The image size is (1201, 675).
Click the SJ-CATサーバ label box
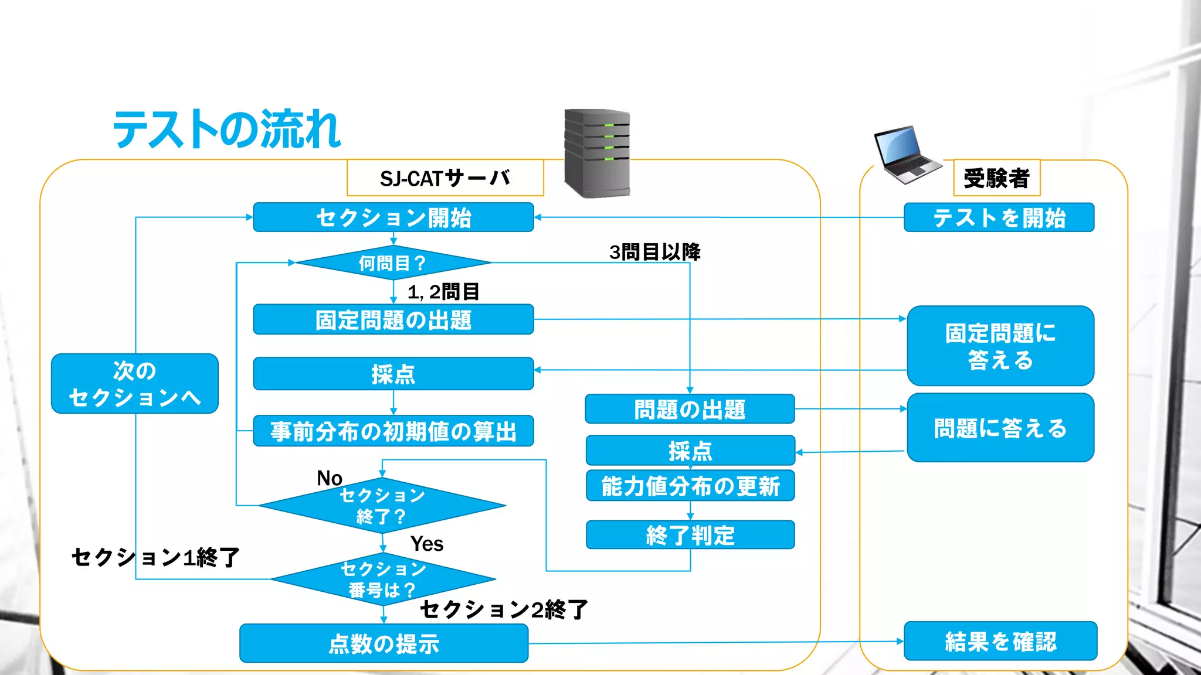click(x=445, y=178)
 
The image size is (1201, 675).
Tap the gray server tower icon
click(x=597, y=154)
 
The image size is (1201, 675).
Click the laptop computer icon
click(x=905, y=155)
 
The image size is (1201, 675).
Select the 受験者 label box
click(x=996, y=178)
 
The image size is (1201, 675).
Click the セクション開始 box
click(x=393, y=217)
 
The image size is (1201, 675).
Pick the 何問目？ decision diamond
click(x=392, y=263)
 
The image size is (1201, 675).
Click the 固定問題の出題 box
click(x=393, y=319)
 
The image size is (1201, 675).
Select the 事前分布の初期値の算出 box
click(x=393, y=431)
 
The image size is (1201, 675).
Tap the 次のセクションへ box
click(x=135, y=384)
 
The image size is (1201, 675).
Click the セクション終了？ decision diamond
click(x=382, y=506)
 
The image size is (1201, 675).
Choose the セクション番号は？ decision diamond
click(x=383, y=579)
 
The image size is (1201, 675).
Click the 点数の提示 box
click(x=384, y=643)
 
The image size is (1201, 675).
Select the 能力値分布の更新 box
click(x=690, y=486)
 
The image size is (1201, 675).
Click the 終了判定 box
click(x=690, y=535)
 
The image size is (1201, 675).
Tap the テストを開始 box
click(x=999, y=218)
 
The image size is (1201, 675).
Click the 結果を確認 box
click(x=1000, y=641)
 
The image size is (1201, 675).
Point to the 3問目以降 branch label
click(x=654, y=252)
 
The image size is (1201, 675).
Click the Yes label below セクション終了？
click(x=427, y=544)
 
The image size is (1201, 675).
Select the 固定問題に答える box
click(x=1000, y=346)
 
